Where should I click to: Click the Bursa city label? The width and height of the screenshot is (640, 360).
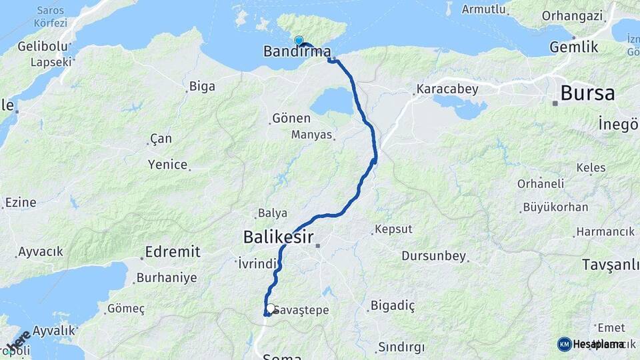click(x=587, y=93)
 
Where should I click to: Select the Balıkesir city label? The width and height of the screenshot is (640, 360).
click(x=278, y=236)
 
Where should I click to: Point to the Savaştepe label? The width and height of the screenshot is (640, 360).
click(x=302, y=311)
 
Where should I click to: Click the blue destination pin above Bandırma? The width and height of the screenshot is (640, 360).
click(x=298, y=41)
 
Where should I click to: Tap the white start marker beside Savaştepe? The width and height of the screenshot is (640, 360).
click(x=271, y=309)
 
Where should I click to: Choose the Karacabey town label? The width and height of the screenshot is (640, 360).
click(x=445, y=88)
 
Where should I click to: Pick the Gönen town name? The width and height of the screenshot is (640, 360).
click(x=291, y=119)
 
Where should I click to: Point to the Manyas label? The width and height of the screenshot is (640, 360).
click(x=311, y=135)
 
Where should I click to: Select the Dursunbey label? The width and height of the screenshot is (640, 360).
click(x=433, y=256)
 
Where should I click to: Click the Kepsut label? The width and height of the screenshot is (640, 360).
click(x=393, y=229)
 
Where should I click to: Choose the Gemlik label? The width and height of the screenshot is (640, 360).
click(x=573, y=47)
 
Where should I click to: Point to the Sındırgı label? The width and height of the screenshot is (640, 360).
click(x=401, y=347)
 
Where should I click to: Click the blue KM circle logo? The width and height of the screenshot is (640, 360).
click(x=564, y=344)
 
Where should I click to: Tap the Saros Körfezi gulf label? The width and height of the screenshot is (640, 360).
click(x=51, y=17)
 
